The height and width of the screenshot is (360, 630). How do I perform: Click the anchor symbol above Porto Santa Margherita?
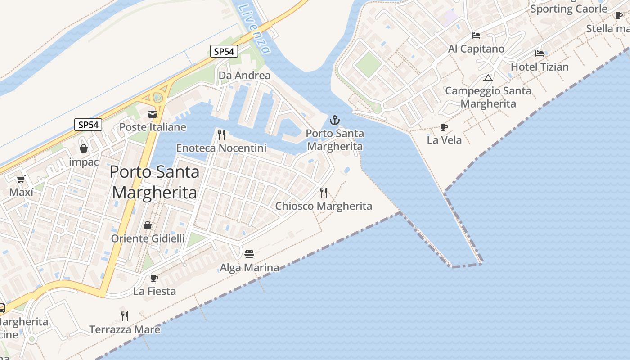pyautogui.click(x=334, y=120)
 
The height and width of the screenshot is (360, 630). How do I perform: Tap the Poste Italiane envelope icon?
pyautogui.click(x=153, y=114)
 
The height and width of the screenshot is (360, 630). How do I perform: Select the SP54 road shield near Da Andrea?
pyautogui.click(x=224, y=51)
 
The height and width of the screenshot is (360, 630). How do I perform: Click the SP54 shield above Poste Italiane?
pyautogui.click(x=88, y=125)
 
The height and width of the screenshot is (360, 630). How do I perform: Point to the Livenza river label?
pyautogui.click(x=255, y=28)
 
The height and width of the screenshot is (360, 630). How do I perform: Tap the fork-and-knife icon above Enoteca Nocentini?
pyautogui.click(x=221, y=135)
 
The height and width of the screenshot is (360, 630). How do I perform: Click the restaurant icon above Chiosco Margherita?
pyautogui.click(x=324, y=193)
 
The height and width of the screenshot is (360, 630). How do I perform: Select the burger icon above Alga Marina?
pyautogui.click(x=249, y=254)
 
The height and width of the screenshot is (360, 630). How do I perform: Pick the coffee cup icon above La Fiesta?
pyautogui.click(x=154, y=278)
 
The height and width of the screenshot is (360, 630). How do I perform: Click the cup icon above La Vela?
pyautogui.click(x=444, y=127)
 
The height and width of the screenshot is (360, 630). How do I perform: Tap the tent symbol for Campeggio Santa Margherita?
pyautogui.click(x=488, y=78)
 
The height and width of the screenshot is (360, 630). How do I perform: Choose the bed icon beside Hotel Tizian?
pyautogui.click(x=540, y=54)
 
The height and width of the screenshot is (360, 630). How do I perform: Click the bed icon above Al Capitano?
pyautogui.click(x=476, y=36)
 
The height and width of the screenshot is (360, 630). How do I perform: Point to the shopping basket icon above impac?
pyautogui.click(x=84, y=148)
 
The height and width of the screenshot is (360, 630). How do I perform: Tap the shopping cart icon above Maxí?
pyautogui.click(x=21, y=180)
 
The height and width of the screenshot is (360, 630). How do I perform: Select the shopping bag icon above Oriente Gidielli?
pyautogui.click(x=148, y=225)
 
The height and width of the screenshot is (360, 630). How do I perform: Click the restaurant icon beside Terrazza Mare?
pyautogui.click(x=125, y=316)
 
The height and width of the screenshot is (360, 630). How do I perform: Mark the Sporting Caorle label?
pyautogui.click(x=569, y=9)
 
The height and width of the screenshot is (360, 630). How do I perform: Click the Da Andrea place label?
pyautogui.click(x=244, y=76)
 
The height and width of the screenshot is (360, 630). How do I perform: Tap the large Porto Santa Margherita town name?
pyautogui.click(x=154, y=182)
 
